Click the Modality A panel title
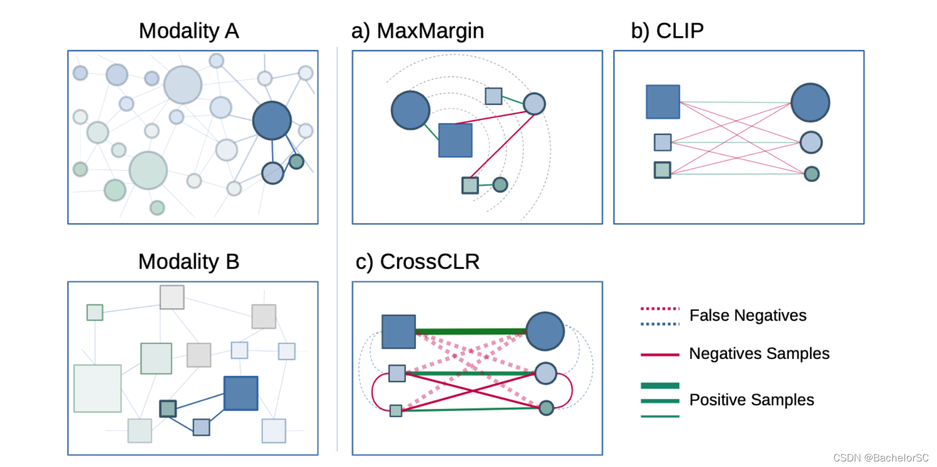pos(189,31)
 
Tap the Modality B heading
pos(189,262)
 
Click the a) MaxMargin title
pos(417,31)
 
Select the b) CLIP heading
pos(667,31)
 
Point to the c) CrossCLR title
pos(417,262)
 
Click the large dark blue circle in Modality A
pos(272,120)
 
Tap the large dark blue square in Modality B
pos(241,393)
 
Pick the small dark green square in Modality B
pos(168,409)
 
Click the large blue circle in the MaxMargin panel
pos(410,110)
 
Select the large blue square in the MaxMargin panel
pos(455,140)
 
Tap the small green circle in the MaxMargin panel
pos(500,184)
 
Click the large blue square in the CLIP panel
pos(663,102)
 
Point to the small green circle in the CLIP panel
pos(812,174)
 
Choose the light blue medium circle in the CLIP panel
pos(811,142)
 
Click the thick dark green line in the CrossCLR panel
pos(470,332)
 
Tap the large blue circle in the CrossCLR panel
pos(545,331)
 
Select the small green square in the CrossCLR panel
pos(395,410)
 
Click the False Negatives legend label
pos(748,315)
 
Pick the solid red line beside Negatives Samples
pos(660,355)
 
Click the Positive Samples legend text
pos(751,400)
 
